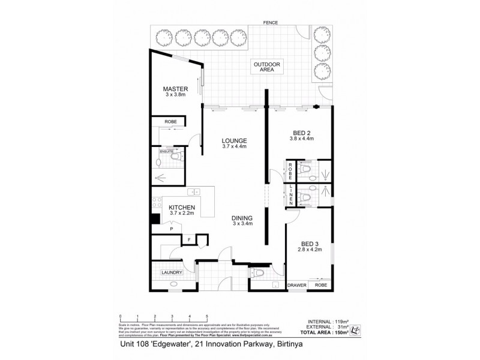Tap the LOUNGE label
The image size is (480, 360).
[235, 141]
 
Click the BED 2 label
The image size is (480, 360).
[302, 133]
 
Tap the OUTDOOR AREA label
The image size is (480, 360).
[267, 67]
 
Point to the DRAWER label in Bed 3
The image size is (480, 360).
[298, 286]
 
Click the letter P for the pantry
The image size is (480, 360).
[171, 229]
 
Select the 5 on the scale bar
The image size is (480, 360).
[207, 316]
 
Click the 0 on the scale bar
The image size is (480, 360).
[121, 316]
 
